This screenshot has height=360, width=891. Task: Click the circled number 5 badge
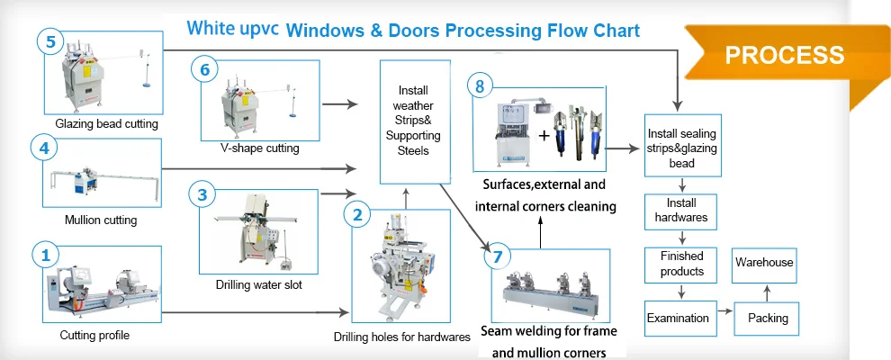[x=50, y=42]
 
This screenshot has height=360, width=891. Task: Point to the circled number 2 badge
[x=357, y=214]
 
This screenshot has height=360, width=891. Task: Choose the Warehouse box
[x=764, y=263]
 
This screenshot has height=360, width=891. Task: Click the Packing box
[x=767, y=318]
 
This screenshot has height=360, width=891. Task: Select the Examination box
[x=678, y=318]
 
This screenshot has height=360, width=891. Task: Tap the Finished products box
[x=681, y=264]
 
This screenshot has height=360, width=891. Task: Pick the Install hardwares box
[x=681, y=211]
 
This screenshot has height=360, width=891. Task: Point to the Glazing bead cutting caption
[x=106, y=123]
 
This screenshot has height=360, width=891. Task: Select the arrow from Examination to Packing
[x=724, y=318]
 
